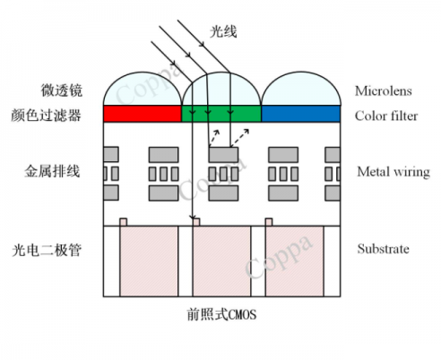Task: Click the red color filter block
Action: pyautogui.click(x=143, y=114)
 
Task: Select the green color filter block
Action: pyautogui.click(x=221, y=114)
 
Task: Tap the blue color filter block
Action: pyautogui.click(x=301, y=114)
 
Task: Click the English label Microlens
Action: pyautogui.click(x=384, y=90)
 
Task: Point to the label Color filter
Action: pyautogui.click(x=386, y=116)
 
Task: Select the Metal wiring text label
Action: pyautogui.click(x=393, y=172)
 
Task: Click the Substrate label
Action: pyautogui.click(x=384, y=249)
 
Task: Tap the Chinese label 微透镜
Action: pyautogui.click(x=62, y=90)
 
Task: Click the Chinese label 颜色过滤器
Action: pyautogui.click(x=46, y=116)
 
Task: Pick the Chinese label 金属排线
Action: pyautogui.click(x=52, y=171)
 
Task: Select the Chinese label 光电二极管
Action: pyautogui.click(x=47, y=250)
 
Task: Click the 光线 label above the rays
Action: pyautogui.click(x=223, y=31)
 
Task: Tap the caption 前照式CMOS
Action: pyautogui.click(x=221, y=314)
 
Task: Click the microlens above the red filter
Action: pyautogui.click(x=143, y=90)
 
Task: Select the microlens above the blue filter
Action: pyautogui.click(x=301, y=90)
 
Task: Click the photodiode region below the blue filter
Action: pyautogui.click(x=294, y=261)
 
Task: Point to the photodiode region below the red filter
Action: pyautogui.click(x=149, y=261)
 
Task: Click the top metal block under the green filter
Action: pyautogui.click(x=223, y=155)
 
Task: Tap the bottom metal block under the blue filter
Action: pyautogui.click(x=283, y=193)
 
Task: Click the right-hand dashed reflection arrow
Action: pyautogui.click(x=239, y=138)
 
